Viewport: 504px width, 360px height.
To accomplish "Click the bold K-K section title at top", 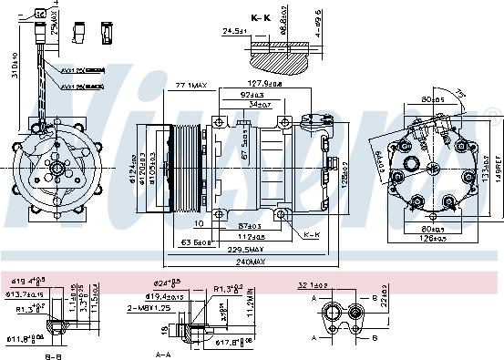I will pos(261,17).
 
